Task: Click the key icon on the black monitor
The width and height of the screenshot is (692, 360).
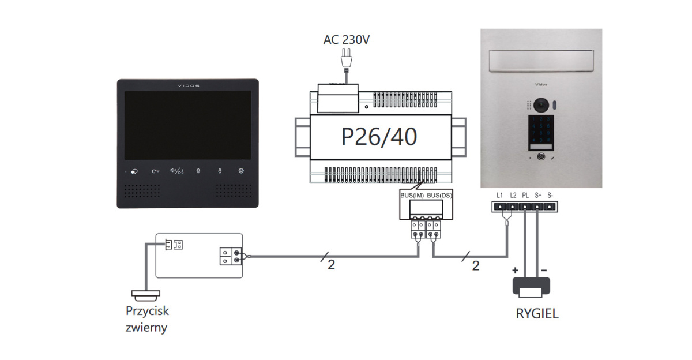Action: click(x=155, y=171)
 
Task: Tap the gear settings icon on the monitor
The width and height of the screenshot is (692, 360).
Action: click(x=242, y=171)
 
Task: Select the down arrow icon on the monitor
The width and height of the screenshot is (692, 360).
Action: click(x=220, y=171)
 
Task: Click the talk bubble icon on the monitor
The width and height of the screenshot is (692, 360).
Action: click(x=134, y=171)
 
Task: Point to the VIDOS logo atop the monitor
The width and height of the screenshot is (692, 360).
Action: click(x=187, y=85)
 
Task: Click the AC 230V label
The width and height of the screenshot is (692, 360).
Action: click(x=346, y=40)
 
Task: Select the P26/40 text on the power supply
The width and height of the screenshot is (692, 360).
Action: click(x=379, y=137)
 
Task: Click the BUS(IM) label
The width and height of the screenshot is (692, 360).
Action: click(x=412, y=196)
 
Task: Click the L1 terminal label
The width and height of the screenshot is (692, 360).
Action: click(x=500, y=195)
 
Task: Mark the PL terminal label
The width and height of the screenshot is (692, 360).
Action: click(x=525, y=195)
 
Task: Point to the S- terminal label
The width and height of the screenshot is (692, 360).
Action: click(x=550, y=195)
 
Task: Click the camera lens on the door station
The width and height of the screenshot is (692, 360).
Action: click(x=541, y=104)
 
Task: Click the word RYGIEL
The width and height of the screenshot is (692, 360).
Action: click(x=537, y=314)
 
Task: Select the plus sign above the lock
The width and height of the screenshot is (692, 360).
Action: click(x=515, y=270)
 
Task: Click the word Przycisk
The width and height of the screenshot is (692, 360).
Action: click(x=148, y=311)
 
